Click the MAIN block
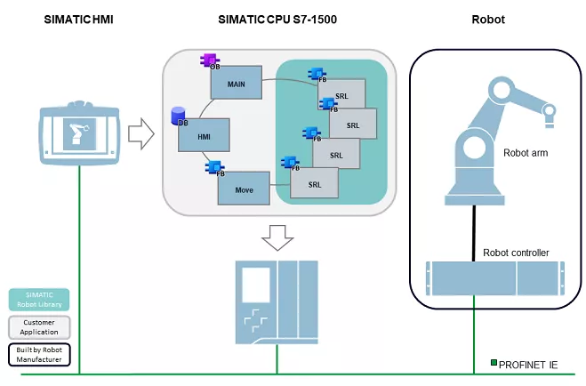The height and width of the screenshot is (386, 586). [x=236, y=83]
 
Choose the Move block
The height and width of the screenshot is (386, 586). [x=244, y=189]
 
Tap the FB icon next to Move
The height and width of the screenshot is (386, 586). [x=215, y=166]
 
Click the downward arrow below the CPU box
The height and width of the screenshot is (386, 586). [x=277, y=237]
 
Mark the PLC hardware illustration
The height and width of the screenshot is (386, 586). [x=277, y=302]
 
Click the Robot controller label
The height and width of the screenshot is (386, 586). [x=516, y=253]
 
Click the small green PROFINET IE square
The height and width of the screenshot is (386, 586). [x=494, y=362]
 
